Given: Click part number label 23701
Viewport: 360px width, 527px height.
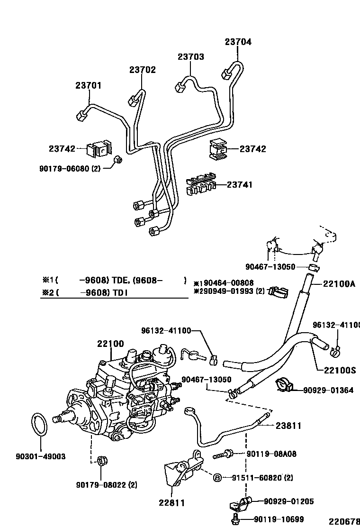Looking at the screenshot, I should [88, 86].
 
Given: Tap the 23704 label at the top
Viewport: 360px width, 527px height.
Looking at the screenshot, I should [238, 42].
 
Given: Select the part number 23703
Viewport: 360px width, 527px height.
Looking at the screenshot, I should [191, 57].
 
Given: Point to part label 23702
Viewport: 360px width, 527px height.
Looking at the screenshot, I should [142, 70].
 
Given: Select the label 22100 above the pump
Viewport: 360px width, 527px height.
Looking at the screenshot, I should [110, 344].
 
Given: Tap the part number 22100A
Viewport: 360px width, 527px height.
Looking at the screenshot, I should [339, 284].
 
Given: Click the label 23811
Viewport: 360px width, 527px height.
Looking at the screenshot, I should [288, 426].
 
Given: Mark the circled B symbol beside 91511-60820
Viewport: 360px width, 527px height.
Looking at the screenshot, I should [217, 477].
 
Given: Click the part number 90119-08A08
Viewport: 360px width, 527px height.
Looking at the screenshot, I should [271, 454].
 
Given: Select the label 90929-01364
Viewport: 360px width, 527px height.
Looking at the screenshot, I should [328, 391].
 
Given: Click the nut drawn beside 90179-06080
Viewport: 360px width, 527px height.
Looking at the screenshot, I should [119, 160].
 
